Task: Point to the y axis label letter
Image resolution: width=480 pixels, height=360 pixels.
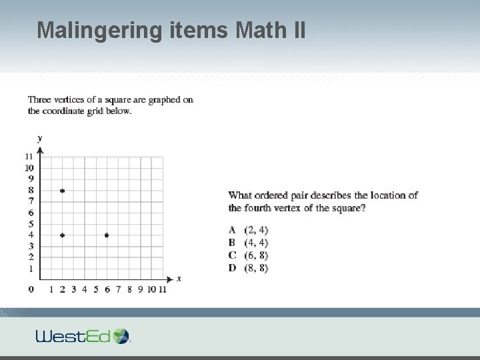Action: (x=40, y=138)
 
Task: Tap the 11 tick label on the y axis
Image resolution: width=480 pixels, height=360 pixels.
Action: (x=29, y=157)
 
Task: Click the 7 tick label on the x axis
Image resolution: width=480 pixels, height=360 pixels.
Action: (x=118, y=289)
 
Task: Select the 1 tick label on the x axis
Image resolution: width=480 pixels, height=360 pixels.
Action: (x=51, y=289)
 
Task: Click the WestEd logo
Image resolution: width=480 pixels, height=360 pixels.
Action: (x=83, y=335)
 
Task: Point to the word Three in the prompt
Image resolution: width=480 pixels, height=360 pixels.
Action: (x=39, y=100)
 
